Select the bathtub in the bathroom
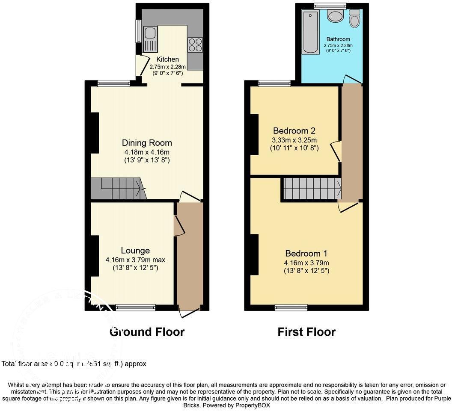point(310,33)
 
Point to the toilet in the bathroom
point(354,19)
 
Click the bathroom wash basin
point(335,16)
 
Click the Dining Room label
point(147,143)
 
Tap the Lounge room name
point(135,251)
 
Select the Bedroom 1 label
point(306,253)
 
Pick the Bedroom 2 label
point(294,130)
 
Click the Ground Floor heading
point(147,332)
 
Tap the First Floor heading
point(306,332)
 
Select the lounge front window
point(136,307)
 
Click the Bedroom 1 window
point(291,307)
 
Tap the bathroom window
point(330,6)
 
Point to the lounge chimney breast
point(94,256)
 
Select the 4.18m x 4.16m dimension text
point(147,152)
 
